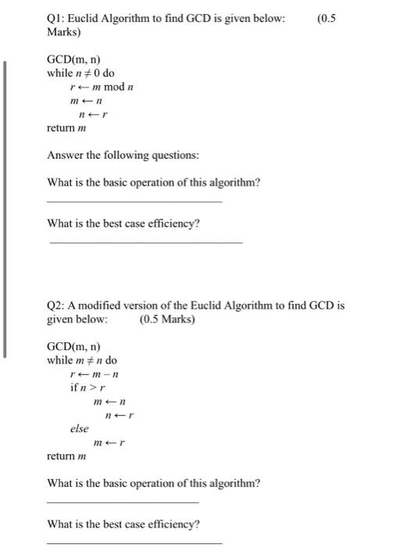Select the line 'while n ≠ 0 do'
pos(80,73)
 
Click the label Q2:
pos(57,306)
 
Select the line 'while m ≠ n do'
pos(82,360)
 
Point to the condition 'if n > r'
pos(88,388)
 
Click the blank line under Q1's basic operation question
pos(134,202)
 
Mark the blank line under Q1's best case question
pos(145,242)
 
